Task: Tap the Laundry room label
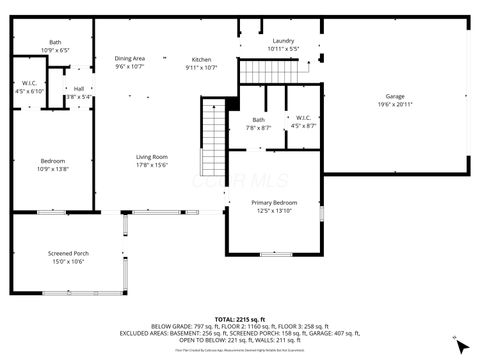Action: tap(283, 41)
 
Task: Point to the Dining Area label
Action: tap(130, 60)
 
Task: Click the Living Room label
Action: tap(152, 157)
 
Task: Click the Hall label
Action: tap(78, 89)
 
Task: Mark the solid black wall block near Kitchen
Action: tap(233, 101)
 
